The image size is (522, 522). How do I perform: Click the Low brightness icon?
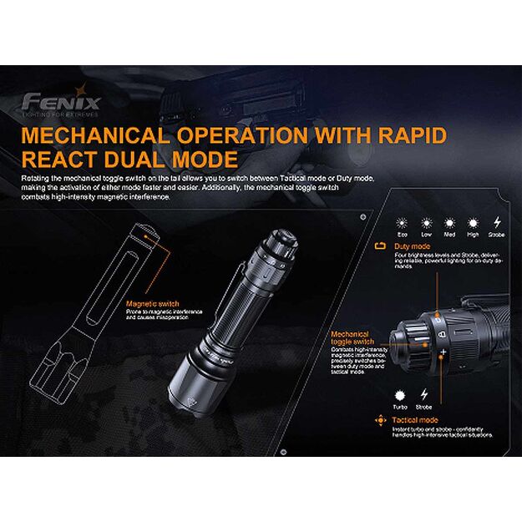pos(426,223)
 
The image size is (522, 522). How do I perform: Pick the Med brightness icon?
pos(449,223)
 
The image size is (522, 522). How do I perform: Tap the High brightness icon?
pos(473,223)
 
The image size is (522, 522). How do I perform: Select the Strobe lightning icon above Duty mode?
pos(498,223)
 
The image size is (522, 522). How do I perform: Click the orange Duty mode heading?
pos(412,247)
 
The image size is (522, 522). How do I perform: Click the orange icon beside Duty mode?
pos(381,247)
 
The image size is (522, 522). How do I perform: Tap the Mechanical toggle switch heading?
pos(352,337)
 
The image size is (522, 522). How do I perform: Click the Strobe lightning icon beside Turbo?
pos(425,393)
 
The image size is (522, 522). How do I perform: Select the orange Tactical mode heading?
pos(415,419)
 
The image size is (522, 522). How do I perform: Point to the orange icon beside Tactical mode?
pos(384,419)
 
